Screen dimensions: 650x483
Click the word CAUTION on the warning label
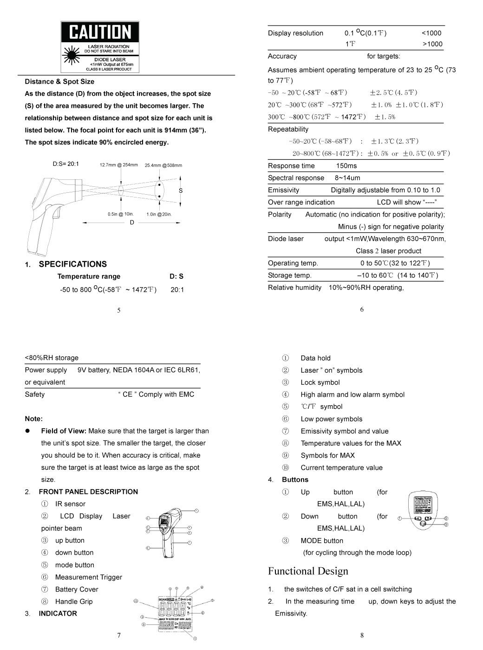(100, 32)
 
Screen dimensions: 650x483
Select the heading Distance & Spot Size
(59, 81)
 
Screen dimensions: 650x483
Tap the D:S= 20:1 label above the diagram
(66, 164)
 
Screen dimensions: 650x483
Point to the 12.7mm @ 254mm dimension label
(118, 165)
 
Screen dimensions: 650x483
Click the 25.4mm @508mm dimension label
(163, 165)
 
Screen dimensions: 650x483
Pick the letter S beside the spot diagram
(181, 190)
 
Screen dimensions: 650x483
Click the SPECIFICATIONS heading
(72, 264)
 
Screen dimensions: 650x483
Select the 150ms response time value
(346, 166)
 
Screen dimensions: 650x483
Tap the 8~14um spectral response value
(347, 178)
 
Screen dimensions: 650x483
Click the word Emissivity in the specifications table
(283, 190)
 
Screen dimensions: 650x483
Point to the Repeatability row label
(288, 129)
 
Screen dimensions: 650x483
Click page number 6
(362, 309)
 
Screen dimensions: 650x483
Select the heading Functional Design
(308, 571)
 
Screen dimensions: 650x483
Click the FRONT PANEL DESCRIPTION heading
(88, 492)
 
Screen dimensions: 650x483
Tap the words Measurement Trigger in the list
(88, 577)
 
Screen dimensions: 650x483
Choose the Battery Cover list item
(77, 589)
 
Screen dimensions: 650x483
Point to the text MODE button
(322, 540)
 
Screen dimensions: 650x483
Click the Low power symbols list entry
(331, 419)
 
